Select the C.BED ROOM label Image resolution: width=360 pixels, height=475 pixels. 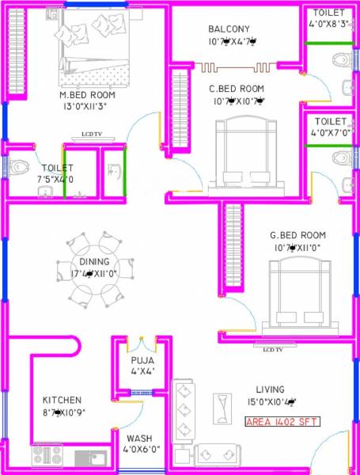pos(237,88)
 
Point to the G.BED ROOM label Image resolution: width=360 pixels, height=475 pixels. pos(297,235)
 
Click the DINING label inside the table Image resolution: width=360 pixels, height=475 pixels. pos(94,262)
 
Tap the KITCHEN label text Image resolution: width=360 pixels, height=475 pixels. pos(63,400)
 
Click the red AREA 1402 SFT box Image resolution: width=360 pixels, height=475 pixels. pos(282,422)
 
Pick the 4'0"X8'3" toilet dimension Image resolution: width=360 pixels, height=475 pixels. pos(328,25)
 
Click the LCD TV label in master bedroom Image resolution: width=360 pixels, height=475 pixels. pos(93,135)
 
